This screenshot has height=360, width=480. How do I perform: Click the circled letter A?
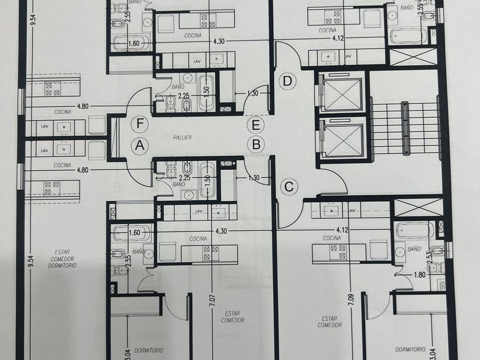(140, 145)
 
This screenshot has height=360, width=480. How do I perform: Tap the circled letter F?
(139, 124)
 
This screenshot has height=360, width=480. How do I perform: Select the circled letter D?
(287, 81)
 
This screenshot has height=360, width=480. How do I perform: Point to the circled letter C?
(289, 186)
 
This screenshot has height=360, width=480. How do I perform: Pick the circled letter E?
(256, 125)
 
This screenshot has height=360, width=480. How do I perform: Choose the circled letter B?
(256, 144)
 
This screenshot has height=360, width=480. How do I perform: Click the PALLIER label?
(182, 138)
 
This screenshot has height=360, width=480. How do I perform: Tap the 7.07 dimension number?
(213, 301)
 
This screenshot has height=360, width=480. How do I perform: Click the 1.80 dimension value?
(419, 275)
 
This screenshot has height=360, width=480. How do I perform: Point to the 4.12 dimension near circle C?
(342, 230)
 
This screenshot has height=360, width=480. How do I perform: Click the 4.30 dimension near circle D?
(219, 41)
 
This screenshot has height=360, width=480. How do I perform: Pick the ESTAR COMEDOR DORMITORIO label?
(62, 259)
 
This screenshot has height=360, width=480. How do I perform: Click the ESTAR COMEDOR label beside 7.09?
(329, 322)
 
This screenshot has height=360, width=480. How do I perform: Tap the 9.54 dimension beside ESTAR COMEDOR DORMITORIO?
(31, 261)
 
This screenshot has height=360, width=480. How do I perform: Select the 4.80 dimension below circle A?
(83, 170)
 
